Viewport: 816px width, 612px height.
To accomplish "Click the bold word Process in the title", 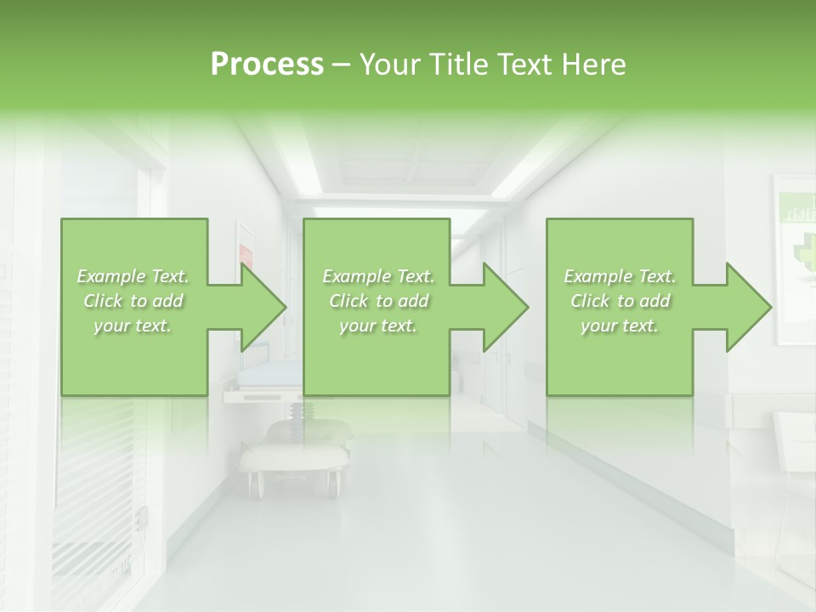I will point(267,65).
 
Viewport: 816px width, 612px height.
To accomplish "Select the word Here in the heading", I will point(594,65).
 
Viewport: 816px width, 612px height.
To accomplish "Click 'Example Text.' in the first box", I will point(133,276).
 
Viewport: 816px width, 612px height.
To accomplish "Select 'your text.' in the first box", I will point(133,326).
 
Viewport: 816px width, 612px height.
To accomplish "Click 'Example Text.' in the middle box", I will point(378,276).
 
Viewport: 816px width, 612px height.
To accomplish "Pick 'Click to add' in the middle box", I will point(378,301).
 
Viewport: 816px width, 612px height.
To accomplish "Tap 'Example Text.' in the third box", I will point(620,276).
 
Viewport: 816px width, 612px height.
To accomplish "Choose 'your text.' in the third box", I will point(620,326).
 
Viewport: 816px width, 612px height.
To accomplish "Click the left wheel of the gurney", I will point(254,484).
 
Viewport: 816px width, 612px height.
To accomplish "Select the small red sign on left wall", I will point(246,253).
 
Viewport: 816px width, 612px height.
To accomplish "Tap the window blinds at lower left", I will point(93,476).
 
